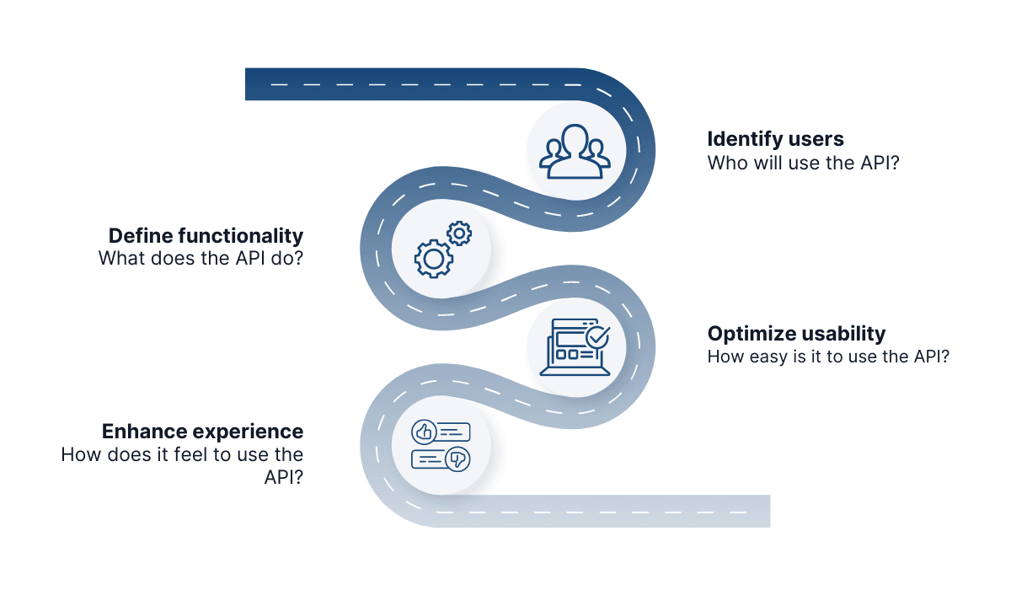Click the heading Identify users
tap(775, 139)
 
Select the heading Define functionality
tap(206, 235)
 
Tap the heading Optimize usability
tap(796, 333)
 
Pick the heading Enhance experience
tap(202, 432)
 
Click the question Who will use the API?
tap(803, 163)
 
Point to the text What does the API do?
tap(201, 259)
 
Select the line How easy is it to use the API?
tap(828, 357)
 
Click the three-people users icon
tap(575, 153)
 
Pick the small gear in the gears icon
tap(459, 233)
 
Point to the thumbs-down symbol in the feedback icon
tap(458, 459)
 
